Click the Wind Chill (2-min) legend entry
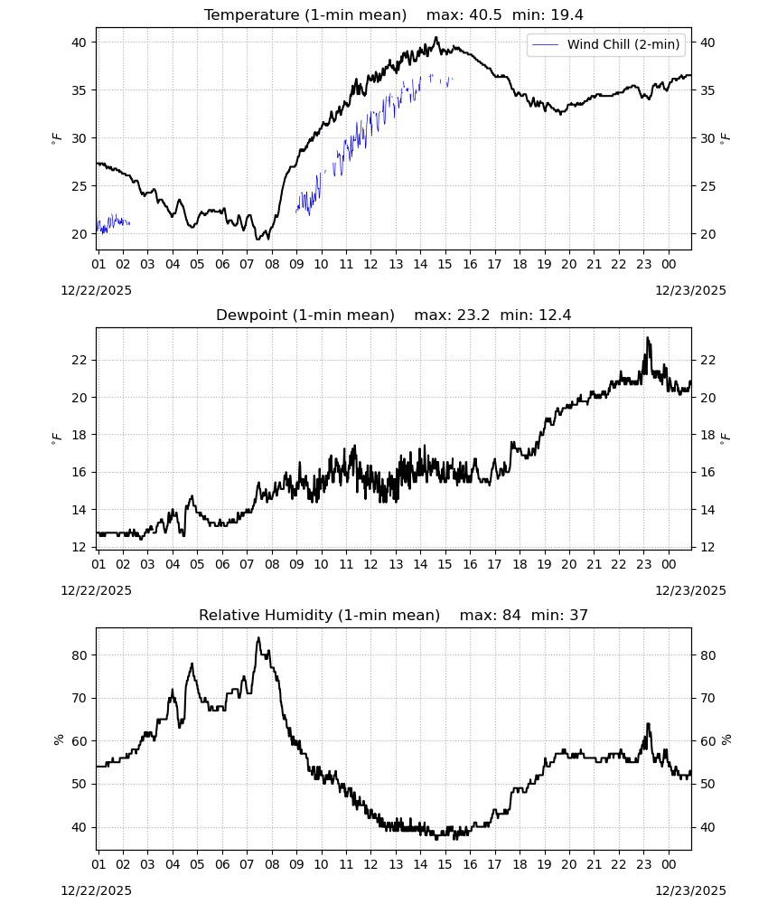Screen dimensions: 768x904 (606, 44)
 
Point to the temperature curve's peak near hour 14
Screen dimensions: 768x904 (436, 38)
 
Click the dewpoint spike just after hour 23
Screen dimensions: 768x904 (648, 339)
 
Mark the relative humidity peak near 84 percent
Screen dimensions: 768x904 (258, 638)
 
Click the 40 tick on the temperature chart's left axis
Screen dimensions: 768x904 (80, 42)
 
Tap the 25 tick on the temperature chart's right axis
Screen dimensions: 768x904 (707, 186)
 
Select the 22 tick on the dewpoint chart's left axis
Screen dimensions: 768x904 (80, 360)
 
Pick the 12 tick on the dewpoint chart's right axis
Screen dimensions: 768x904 (707, 547)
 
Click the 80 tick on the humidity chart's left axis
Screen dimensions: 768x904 (80, 655)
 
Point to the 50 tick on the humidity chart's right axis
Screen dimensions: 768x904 (707, 784)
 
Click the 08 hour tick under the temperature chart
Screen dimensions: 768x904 (272, 264)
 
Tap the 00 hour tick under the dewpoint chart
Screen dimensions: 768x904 (669, 564)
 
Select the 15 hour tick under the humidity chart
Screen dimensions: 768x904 (445, 864)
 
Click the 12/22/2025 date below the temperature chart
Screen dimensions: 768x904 (96, 290)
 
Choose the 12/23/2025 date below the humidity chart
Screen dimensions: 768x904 (691, 890)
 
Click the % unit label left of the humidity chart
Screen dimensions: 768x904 (58, 739)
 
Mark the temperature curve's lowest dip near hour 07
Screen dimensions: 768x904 (258, 238)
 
